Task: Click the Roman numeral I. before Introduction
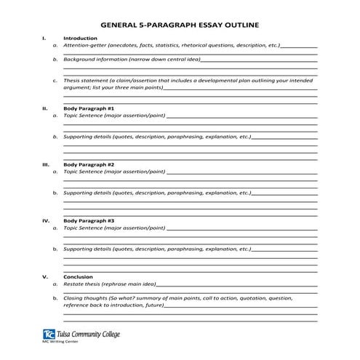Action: (x=44, y=38)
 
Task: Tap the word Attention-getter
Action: (x=84, y=44)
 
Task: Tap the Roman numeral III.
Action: (x=46, y=164)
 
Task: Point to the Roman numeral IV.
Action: (x=46, y=220)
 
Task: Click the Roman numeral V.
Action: (x=45, y=276)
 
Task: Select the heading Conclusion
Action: (x=78, y=276)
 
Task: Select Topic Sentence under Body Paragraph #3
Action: (x=85, y=228)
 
